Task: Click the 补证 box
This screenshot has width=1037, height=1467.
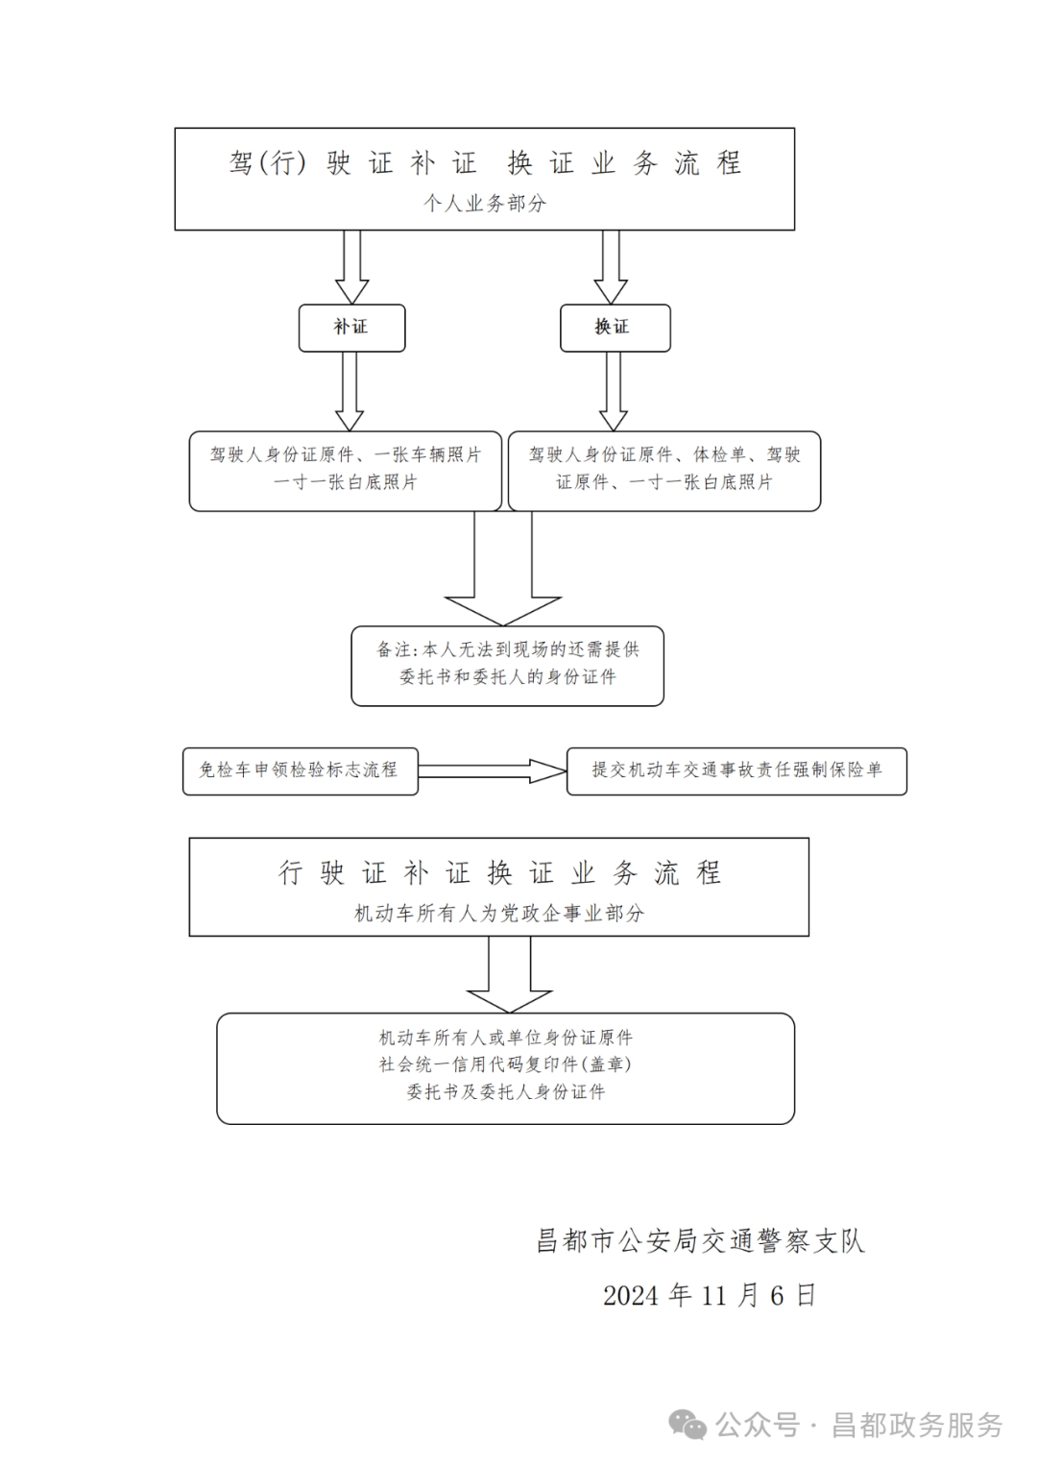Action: tap(351, 328)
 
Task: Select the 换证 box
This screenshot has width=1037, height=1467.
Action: tap(615, 328)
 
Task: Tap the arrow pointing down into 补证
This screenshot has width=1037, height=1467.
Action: tap(351, 268)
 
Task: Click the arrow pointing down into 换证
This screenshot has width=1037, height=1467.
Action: tap(611, 268)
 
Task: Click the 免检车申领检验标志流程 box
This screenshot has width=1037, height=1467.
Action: tap(300, 770)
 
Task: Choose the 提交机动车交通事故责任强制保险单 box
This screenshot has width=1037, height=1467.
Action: tap(736, 770)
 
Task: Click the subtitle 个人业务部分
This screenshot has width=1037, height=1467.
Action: tap(485, 204)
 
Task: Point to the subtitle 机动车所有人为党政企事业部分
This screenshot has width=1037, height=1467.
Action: tap(499, 913)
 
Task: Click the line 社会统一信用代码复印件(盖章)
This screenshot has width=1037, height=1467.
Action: tap(505, 1064)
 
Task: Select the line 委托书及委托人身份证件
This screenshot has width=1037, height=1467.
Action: tap(505, 1092)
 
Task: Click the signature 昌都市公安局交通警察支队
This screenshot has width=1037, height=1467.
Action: tap(701, 1240)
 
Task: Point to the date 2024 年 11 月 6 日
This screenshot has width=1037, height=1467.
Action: tap(710, 1295)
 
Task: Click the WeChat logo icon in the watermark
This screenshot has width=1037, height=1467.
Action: tap(688, 1425)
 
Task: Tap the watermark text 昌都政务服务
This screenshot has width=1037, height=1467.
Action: tap(917, 1425)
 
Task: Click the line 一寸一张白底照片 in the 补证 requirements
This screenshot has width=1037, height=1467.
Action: tap(346, 482)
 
